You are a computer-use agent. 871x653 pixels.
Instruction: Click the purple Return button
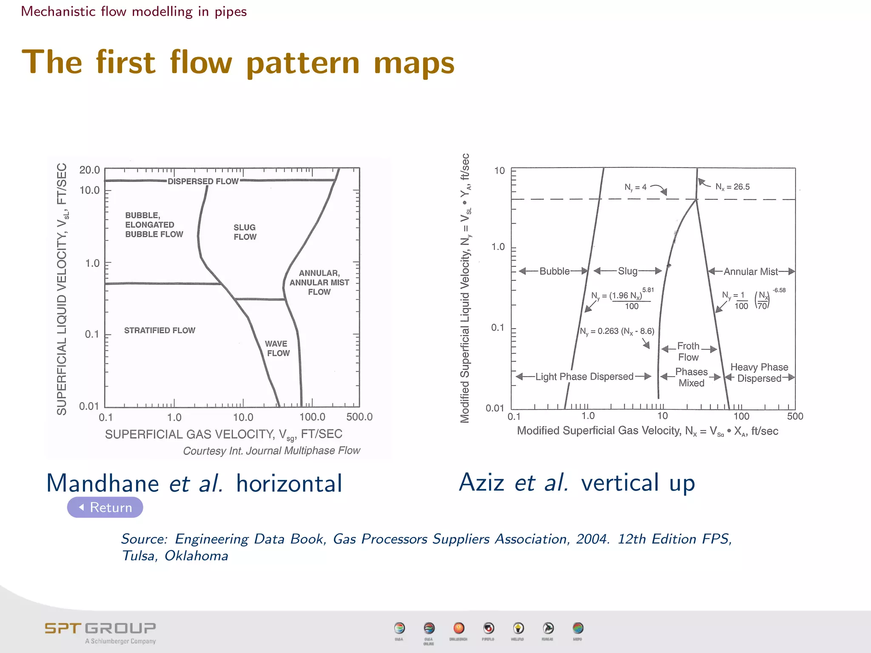[x=105, y=507]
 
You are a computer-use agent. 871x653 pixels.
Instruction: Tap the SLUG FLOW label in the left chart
[x=245, y=232]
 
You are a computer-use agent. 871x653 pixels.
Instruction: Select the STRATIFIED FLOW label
[x=159, y=330]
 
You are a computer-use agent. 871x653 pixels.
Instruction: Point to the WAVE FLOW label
[x=278, y=348]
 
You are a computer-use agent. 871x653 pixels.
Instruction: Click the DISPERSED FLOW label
[x=203, y=182]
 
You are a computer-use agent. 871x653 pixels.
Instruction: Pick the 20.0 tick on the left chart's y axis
[x=89, y=170]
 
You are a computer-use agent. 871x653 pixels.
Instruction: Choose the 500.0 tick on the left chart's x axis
[x=359, y=417]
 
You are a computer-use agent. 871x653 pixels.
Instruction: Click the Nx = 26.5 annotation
[x=732, y=187]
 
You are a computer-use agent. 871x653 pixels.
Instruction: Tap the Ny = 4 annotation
[x=635, y=187]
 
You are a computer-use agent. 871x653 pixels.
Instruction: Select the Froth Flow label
[x=689, y=352]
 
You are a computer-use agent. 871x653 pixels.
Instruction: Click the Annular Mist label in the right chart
[x=751, y=272]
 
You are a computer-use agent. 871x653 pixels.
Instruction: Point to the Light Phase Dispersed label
[x=584, y=377]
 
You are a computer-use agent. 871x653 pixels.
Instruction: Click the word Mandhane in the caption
[x=102, y=483]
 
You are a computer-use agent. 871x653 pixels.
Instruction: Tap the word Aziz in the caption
[x=482, y=483]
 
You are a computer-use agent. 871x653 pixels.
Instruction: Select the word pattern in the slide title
[x=303, y=63]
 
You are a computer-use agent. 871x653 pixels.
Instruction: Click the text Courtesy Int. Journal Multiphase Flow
[x=271, y=451]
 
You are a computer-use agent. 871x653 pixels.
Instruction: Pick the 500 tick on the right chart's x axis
[x=794, y=416]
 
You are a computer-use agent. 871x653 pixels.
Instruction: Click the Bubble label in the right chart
[x=554, y=271]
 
